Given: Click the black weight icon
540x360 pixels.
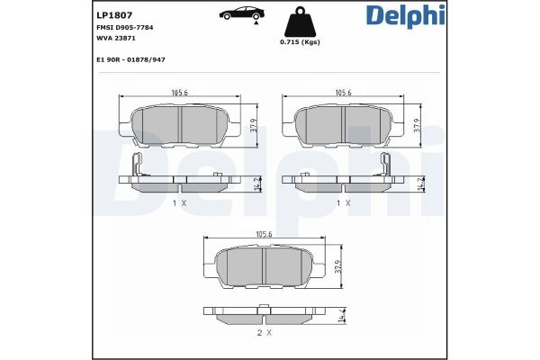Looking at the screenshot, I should tap(300, 22).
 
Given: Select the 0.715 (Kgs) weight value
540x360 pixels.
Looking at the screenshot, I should tap(300, 42).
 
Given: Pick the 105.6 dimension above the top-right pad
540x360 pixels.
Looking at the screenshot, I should tap(344, 92).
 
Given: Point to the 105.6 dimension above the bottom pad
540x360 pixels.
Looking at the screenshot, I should tap(264, 235).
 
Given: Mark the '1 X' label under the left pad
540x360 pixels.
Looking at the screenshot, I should tap(178, 203).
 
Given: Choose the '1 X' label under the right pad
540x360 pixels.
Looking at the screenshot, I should tap(344, 203).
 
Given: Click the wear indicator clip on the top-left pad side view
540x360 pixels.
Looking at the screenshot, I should tap(134, 165).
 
